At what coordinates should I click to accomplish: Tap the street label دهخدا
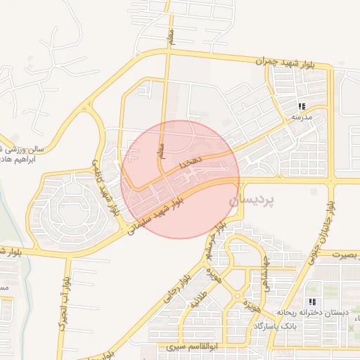191,162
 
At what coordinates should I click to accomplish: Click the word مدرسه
302,117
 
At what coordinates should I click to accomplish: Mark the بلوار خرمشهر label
211,244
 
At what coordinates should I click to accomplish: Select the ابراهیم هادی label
21,160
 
